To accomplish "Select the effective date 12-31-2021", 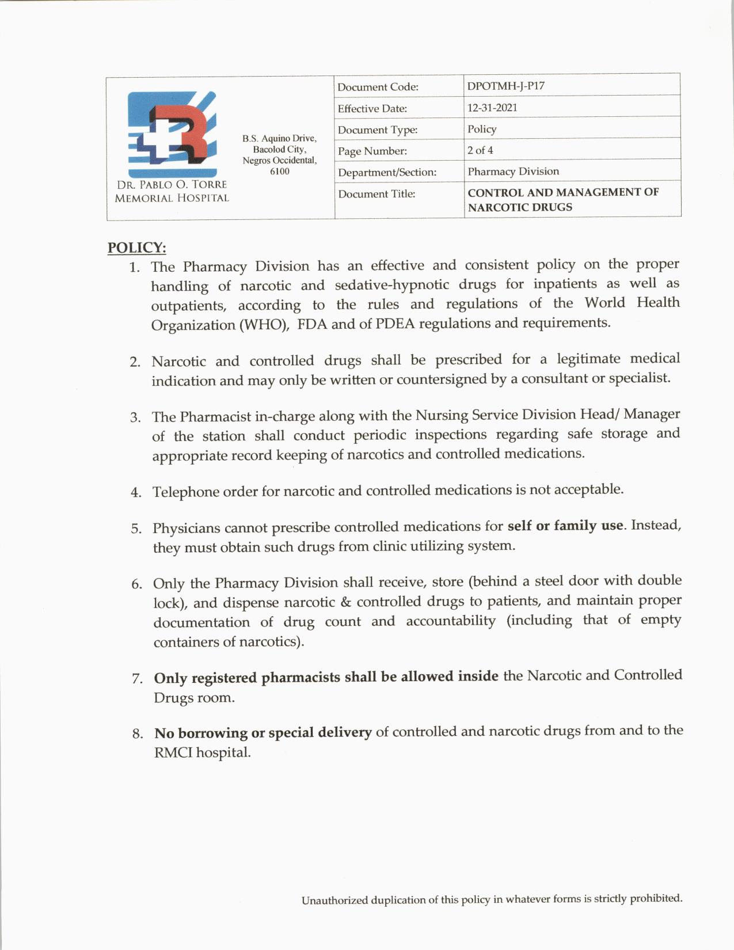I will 492,108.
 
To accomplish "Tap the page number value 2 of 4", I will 480,150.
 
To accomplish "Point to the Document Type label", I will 378,130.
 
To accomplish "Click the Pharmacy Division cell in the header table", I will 513,172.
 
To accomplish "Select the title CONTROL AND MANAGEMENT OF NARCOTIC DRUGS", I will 563,199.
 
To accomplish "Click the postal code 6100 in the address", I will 280,172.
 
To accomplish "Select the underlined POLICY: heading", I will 137,248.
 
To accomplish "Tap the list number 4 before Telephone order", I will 135,492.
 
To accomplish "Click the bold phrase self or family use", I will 565,526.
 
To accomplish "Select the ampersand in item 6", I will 345,602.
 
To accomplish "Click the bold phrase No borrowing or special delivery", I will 263,733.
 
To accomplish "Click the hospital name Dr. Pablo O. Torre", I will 172,185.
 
